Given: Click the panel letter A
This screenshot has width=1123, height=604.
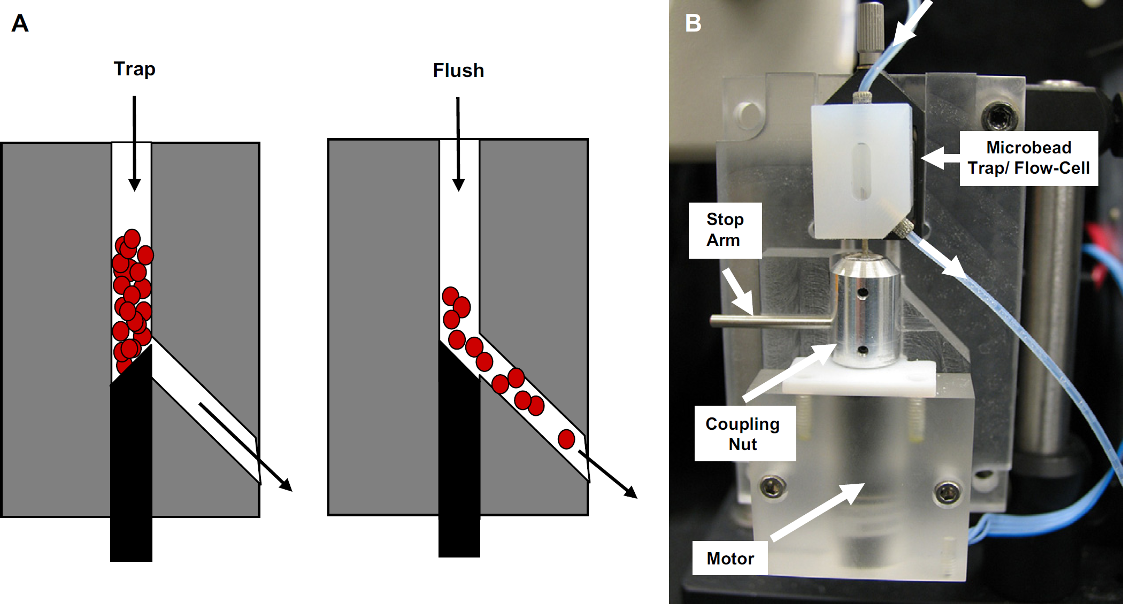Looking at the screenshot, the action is [20, 24].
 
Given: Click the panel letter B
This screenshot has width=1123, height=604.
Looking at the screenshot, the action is [693, 24].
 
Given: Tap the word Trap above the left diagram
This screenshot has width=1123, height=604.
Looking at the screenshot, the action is [134, 69].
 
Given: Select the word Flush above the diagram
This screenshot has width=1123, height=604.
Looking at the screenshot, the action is [458, 71].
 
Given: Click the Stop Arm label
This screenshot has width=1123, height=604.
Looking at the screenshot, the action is [725, 230].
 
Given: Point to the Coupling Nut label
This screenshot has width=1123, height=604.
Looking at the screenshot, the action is [743, 433].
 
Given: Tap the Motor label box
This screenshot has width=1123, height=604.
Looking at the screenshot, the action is [730, 558].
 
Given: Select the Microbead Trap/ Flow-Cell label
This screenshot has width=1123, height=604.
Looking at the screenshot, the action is [1028, 158].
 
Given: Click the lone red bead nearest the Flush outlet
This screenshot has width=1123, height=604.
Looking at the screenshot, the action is [566, 439].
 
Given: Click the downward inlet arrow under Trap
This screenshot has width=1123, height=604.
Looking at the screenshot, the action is [134, 143].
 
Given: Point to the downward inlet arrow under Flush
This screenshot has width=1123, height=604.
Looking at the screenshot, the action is [458, 144].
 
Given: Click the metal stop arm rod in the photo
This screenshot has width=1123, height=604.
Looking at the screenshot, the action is [771, 321].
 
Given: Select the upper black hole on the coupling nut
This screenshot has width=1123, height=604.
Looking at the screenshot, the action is [862, 293].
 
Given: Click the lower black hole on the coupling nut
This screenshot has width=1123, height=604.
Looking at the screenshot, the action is [862, 350].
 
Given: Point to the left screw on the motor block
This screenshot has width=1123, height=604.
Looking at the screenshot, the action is [773, 487].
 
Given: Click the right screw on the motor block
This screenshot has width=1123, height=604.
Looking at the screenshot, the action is [948, 491].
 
